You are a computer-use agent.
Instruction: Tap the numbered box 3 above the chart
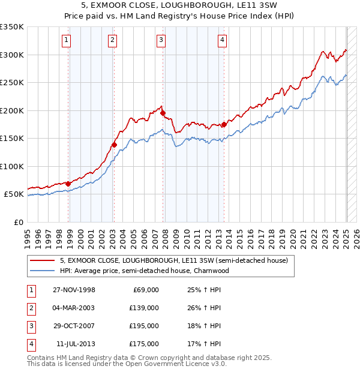pyautogui.click(x=161, y=40)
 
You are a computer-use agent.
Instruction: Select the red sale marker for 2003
pyautogui.click(x=114, y=145)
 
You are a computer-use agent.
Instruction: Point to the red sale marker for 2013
pyautogui.click(x=224, y=124)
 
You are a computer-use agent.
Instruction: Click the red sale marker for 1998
pyautogui.click(x=68, y=184)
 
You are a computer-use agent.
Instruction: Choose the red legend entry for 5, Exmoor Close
pyautogui.click(x=174, y=260)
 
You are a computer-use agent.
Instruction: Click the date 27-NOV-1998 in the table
pyautogui.click(x=74, y=290)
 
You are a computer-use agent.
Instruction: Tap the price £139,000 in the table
pyautogui.click(x=144, y=308)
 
